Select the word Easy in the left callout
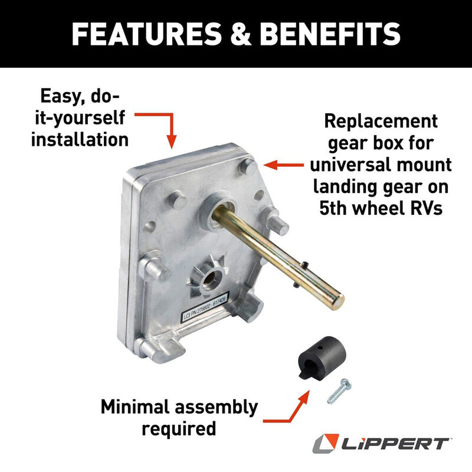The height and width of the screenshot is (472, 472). pos(64,96)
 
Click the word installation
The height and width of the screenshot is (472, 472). pos(80,139)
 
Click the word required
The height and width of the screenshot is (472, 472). pos(179,428)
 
